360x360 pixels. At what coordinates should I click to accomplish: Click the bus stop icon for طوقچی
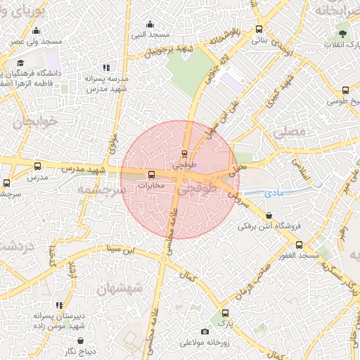coord(185,153)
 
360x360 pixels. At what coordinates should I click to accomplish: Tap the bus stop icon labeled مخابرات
coord(150,175)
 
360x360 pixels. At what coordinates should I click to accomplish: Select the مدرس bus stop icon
coord(37,167)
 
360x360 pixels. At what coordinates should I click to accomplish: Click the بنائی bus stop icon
coord(259,30)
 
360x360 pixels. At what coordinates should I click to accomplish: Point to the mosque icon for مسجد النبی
coord(151,23)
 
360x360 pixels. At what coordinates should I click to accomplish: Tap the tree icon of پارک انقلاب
coord(342,34)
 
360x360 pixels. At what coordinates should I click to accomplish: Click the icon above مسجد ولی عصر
coord(37,30)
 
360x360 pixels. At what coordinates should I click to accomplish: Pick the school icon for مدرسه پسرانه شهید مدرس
coord(106,68)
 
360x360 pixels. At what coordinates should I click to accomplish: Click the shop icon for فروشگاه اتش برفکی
coord(270,215)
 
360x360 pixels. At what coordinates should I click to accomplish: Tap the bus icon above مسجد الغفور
coord(300,245)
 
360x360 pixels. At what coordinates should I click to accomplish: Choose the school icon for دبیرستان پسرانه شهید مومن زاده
coord(59,305)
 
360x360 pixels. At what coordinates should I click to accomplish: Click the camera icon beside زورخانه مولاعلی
coord(205,332)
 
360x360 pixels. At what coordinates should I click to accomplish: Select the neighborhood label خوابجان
coord(30,121)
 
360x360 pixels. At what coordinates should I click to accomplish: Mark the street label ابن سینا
coord(116,249)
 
